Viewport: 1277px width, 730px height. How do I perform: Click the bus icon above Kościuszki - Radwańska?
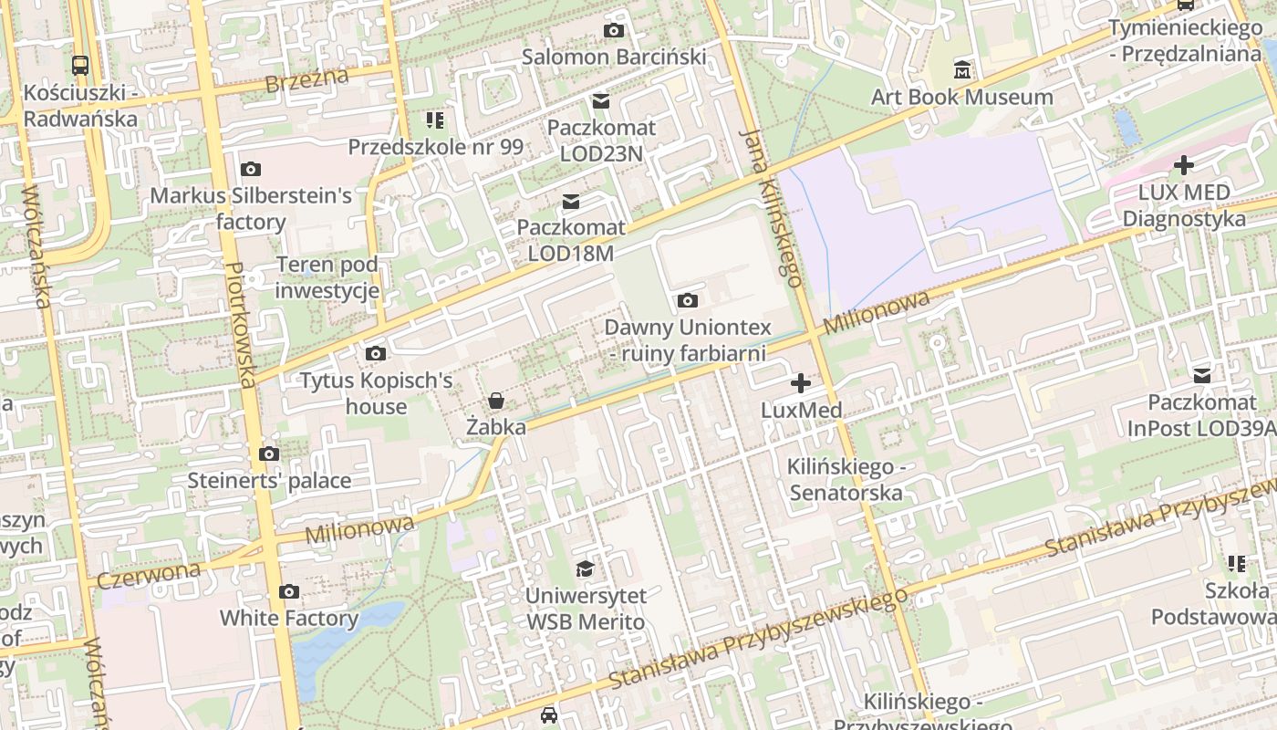click(80, 65)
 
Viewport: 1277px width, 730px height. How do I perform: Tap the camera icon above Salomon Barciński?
click(614, 30)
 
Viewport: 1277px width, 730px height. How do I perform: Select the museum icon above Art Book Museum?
click(962, 69)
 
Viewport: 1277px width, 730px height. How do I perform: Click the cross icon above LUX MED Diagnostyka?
click(1184, 165)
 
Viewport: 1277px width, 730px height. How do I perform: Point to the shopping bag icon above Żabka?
click(495, 400)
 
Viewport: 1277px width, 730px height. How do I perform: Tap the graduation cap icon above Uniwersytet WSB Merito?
click(585, 569)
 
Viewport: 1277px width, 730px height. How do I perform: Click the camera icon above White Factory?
click(289, 591)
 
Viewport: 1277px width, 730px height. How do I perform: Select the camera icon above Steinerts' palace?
click(268, 454)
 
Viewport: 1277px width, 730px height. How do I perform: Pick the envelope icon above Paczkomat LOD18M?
click(571, 201)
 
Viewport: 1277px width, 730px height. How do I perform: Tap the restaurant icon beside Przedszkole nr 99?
click(435, 120)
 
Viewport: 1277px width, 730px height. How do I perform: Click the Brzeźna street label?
click(306, 80)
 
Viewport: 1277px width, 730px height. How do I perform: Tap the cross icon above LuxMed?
click(801, 383)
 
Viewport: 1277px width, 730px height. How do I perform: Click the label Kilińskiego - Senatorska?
click(846, 480)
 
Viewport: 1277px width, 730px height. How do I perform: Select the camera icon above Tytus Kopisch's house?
click(375, 353)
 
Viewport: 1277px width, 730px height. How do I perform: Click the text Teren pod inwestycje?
click(327, 278)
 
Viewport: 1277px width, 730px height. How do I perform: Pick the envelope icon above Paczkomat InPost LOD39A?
click(1202, 375)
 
